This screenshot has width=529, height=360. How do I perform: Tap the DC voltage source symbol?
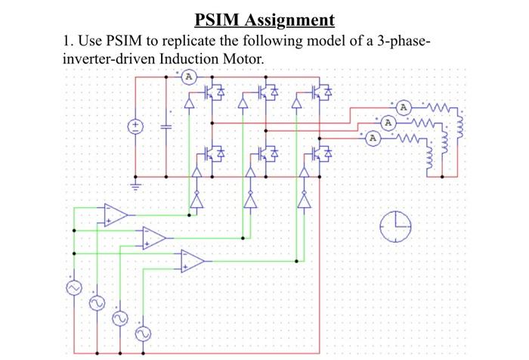pyautogui.click(x=136, y=126)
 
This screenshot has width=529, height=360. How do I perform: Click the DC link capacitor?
pyautogui.click(x=166, y=126)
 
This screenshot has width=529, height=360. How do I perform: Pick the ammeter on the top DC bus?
pyautogui.click(x=190, y=77)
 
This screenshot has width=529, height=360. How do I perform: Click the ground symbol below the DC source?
pyautogui.click(x=136, y=183)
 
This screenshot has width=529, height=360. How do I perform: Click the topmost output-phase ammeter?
pyautogui.click(x=404, y=107)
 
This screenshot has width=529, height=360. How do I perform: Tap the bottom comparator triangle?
pyautogui.click(x=192, y=261)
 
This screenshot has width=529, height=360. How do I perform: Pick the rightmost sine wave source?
pyautogui.click(x=142, y=334)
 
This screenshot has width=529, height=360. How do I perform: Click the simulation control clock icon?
pyautogui.click(x=395, y=226)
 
